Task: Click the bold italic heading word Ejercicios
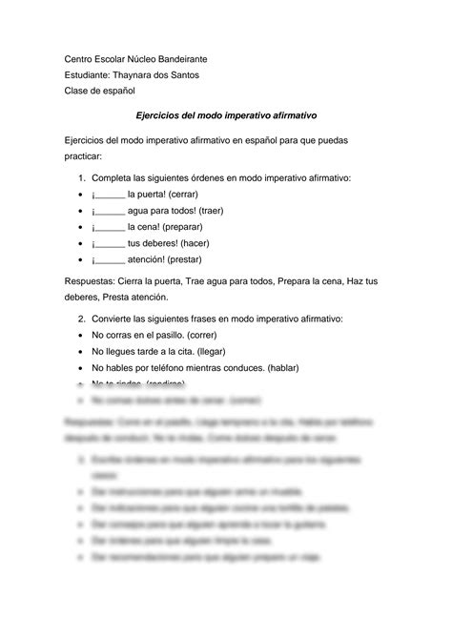point(164,114)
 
